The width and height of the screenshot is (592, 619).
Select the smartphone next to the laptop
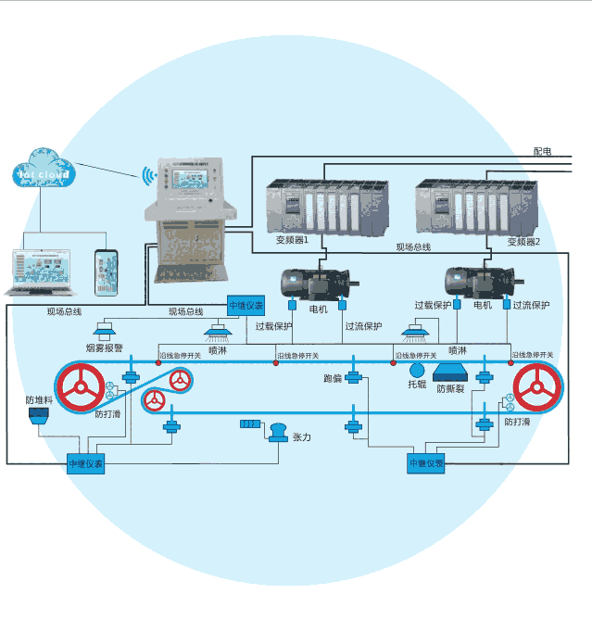pyautogui.click(x=107, y=272)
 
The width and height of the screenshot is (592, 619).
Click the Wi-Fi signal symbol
pyautogui.click(x=145, y=173)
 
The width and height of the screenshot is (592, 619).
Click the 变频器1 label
pyautogui.click(x=294, y=241)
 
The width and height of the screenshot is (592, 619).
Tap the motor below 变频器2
pyautogui.click(x=473, y=280)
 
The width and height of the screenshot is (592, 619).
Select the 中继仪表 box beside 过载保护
pyautogui.click(x=246, y=305)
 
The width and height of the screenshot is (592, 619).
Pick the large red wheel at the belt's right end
pyautogui.click(x=539, y=387)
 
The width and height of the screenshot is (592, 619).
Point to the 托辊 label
pyautogui.click(x=417, y=383)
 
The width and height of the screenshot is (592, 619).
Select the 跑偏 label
pyautogui.click(x=333, y=378)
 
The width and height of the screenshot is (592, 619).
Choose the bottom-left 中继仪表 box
pyautogui.click(x=85, y=463)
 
